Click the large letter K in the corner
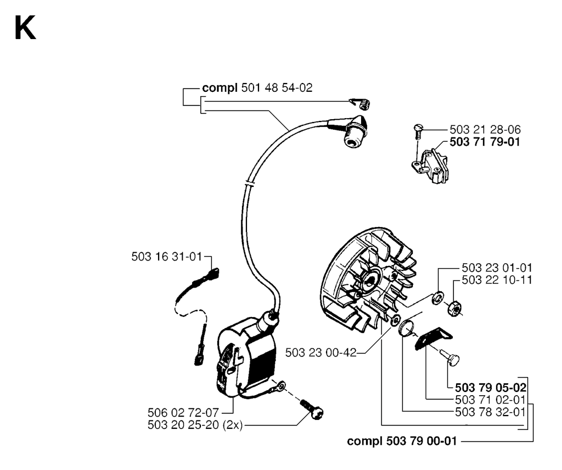(x=25, y=29)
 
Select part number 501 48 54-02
(x=277, y=87)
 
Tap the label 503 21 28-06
(x=485, y=130)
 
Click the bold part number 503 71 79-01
(x=485, y=142)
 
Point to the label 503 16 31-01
(x=167, y=257)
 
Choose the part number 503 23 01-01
(x=497, y=268)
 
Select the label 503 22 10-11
(x=497, y=280)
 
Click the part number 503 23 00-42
(x=321, y=352)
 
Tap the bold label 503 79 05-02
(x=491, y=388)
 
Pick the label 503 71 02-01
(x=490, y=400)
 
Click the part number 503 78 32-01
(x=490, y=412)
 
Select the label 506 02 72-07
(x=183, y=412)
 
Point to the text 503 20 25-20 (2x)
(x=195, y=425)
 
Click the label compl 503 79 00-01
(x=402, y=441)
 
